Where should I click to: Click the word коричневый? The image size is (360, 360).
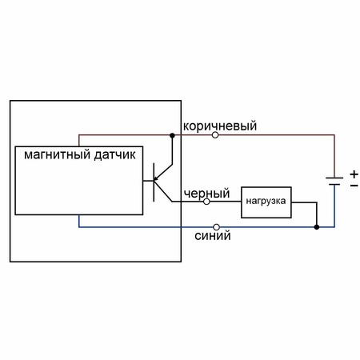(220, 126)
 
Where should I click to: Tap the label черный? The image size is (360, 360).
(206, 194)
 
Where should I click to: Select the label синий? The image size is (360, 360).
(213, 236)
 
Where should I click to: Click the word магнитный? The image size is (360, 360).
(57, 154)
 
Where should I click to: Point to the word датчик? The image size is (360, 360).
(114, 155)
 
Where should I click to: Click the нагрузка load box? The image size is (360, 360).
(266, 202)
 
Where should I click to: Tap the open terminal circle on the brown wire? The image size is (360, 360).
(215, 135)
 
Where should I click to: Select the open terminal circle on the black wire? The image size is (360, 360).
(206, 202)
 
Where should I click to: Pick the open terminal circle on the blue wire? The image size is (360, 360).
(217, 227)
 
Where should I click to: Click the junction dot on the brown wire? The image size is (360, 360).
(172, 135)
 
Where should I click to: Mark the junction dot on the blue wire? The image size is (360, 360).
(317, 227)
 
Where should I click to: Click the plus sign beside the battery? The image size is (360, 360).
(354, 174)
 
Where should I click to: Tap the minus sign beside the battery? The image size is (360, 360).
(354, 185)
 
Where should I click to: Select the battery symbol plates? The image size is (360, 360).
(334, 181)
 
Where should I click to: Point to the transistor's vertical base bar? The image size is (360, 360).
(154, 182)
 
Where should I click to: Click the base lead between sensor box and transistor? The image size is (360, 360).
(148, 181)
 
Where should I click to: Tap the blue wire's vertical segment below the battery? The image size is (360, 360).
(334, 206)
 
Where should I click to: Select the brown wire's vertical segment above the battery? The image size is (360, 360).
(334, 156)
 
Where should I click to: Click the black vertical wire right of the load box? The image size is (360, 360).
(317, 214)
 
